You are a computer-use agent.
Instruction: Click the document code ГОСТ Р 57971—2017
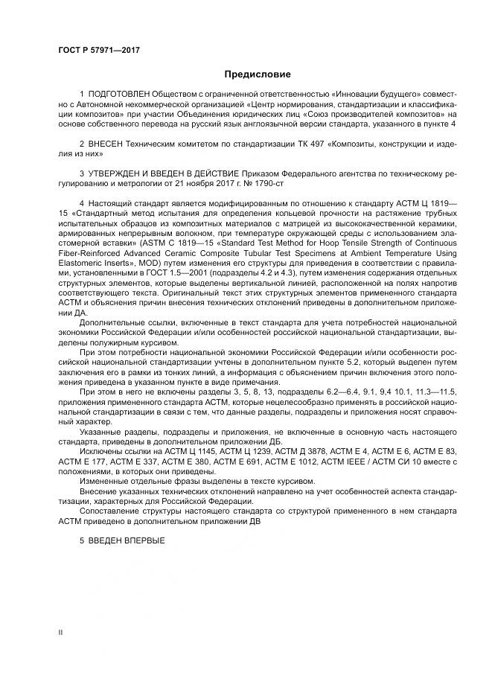(x=99, y=49)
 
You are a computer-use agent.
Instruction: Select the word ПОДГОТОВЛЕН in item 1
(x=118, y=95)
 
